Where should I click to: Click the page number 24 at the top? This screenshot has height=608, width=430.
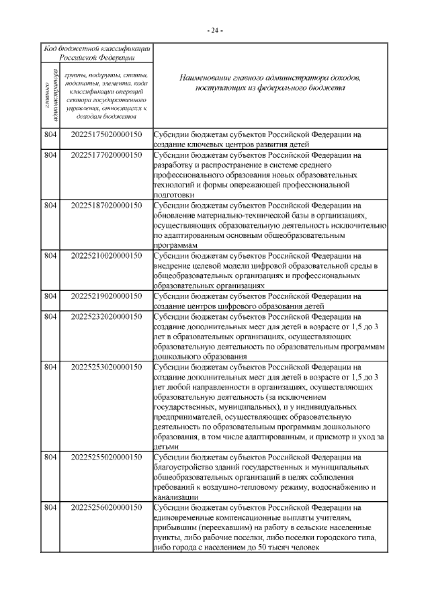click(x=215, y=30)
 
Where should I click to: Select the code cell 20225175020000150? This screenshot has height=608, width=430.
click(x=106, y=134)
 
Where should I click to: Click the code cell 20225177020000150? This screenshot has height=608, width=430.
click(x=106, y=155)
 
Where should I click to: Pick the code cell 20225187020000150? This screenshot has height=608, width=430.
click(x=106, y=205)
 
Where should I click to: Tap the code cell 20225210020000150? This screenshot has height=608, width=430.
click(x=106, y=255)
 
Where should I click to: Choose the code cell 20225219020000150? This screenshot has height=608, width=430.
click(x=106, y=296)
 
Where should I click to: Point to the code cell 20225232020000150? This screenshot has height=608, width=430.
click(x=106, y=316)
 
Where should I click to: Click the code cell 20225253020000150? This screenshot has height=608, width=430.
click(x=106, y=367)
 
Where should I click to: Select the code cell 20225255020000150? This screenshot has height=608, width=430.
click(x=106, y=457)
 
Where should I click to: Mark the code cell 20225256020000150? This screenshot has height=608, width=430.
click(x=106, y=507)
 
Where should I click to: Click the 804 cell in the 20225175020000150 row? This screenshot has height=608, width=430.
click(x=50, y=134)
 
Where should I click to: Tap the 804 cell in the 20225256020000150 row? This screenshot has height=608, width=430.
click(x=50, y=507)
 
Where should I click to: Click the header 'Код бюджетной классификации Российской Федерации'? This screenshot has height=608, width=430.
click(x=96, y=53)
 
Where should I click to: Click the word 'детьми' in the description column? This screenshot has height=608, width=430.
click(x=167, y=447)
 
